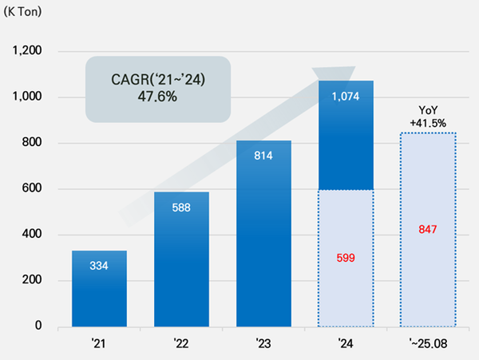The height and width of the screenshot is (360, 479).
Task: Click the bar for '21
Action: click(x=99, y=288)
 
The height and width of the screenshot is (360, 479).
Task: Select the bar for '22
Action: click(x=181, y=259)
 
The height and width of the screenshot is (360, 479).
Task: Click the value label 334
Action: click(x=99, y=265)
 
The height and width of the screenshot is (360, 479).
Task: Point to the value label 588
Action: click(x=181, y=207)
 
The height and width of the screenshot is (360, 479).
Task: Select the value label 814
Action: click(x=263, y=155)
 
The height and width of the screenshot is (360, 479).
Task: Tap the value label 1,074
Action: click(x=346, y=97)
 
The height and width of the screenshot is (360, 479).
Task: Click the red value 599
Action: click(x=346, y=258)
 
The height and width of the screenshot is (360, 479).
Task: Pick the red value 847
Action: click(x=428, y=229)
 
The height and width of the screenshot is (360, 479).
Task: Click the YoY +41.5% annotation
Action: click(x=427, y=117)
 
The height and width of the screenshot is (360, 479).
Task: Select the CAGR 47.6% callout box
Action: click(x=157, y=88)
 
